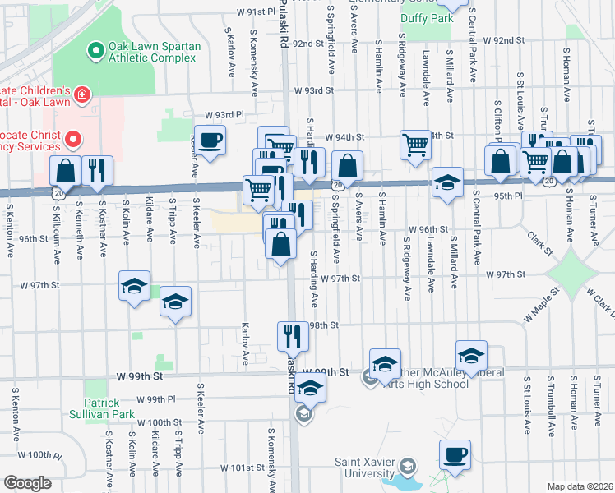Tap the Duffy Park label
pyautogui.click(x=427, y=17)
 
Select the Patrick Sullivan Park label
pyautogui.click(x=112, y=409)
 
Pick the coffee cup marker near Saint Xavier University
pyautogui.click(x=455, y=454)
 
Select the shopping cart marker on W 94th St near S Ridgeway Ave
pyautogui.click(x=416, y=145)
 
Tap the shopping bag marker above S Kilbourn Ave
pyautogui.click(x=65, y=170)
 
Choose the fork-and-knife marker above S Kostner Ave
pyautogui.click(x=98, y=170)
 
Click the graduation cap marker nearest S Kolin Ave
pyautogui.click(x=135, y=286)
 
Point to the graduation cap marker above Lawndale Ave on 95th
pyautogui.click(x=446, y=182)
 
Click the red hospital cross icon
pyautogui.click(x=81, y=96)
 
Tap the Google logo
pyautogui.click(x=27, y=483)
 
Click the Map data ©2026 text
pyautogui.click(x=580, y=486)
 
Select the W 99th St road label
pyautogui.click(x=141, y=376)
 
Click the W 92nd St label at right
pyautogui.click(x=503, y=40)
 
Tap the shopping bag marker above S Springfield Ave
pyautogui.click(x=348, y=165)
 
